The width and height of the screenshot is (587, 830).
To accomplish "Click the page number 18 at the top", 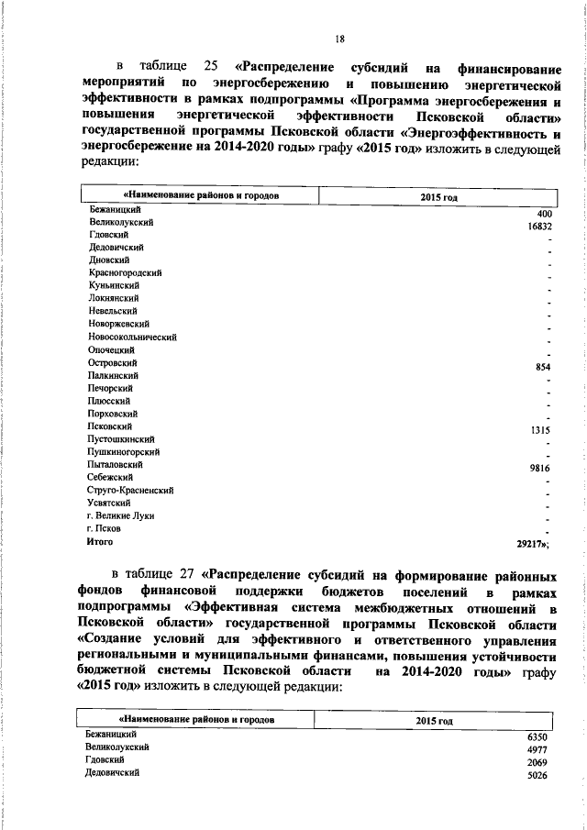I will [x=339, y=39].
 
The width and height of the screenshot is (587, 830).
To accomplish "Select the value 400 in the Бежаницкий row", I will [x=544, y=215].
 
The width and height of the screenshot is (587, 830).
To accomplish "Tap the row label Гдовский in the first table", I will [x=108, y=235].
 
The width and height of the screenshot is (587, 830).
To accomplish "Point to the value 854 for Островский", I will [x=543, y=367].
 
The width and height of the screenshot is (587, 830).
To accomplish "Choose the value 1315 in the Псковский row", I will [x=540, y=429].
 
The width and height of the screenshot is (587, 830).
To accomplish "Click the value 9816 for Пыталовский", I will [x=540, y=467].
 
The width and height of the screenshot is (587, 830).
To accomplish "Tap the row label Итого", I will [x=100, y=542].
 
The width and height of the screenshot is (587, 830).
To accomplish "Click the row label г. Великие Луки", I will [x=120, y=515].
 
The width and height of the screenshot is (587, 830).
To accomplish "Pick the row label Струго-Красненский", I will [x=131, y=490].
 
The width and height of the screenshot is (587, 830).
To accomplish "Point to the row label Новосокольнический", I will [x=132, y=337].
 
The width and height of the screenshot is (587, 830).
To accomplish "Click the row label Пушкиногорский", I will [x=124, y=451].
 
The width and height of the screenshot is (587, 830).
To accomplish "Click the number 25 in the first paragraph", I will [x=211, y=67].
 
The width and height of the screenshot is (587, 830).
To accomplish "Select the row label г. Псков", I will [x=104, y=528].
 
